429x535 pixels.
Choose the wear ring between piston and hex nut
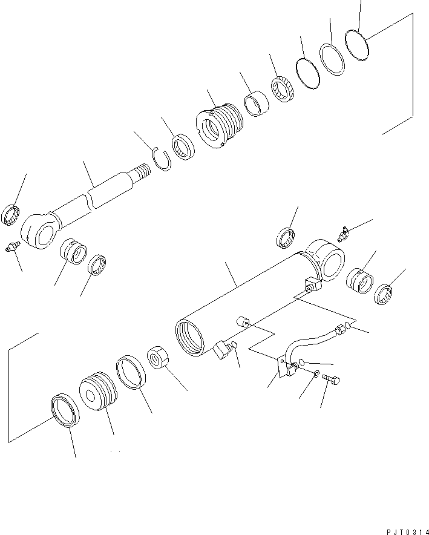[130, 372]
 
